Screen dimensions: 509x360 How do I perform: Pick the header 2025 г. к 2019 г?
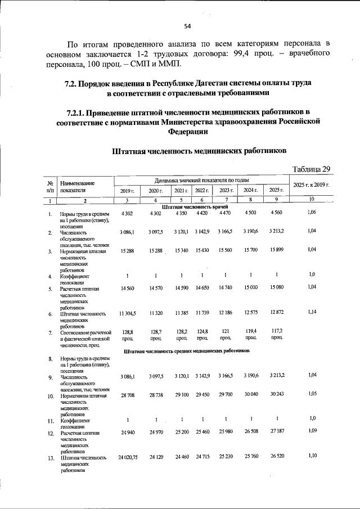point(311,185)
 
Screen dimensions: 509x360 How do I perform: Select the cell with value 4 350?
point(181,213)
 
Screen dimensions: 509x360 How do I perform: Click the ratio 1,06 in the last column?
point(312,212)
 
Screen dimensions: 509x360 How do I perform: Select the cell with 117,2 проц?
point(276,335)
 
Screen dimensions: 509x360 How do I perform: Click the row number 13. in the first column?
point(50,458)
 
